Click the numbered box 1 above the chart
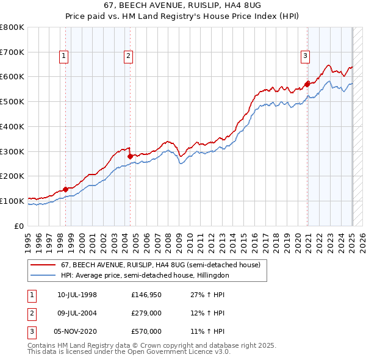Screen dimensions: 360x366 [x=64, y=57]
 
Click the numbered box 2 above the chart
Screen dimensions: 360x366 [x=129, y=57]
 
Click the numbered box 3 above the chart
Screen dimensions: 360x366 [x=304, y=57]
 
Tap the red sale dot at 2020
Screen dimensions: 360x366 [x=307, y=84]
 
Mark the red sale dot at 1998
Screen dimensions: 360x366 [x=65, y=189]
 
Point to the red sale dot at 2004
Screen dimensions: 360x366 [x=131, y=156]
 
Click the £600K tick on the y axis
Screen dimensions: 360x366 [x=12, y=77]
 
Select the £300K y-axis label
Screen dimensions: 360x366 [x=12, y=151]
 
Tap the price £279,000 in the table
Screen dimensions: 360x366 [x=146, y=314]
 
